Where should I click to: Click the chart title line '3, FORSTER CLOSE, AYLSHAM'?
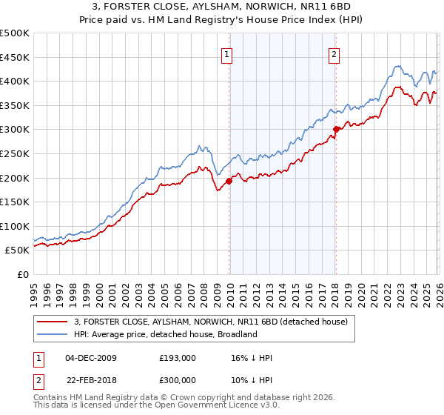pos(221,7)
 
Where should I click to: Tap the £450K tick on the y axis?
pos(15,57)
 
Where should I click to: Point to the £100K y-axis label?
pos(15,226)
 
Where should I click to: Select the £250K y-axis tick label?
pos(15,153)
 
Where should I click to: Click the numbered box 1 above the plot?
pos(226,53)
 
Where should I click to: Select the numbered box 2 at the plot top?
pos(334,53)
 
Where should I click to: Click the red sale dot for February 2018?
pos(336,129)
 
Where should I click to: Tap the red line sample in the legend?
pos(53,322)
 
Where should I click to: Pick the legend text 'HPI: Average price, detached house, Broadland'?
pos(165,334)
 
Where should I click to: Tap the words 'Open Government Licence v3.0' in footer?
pos(220,406)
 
